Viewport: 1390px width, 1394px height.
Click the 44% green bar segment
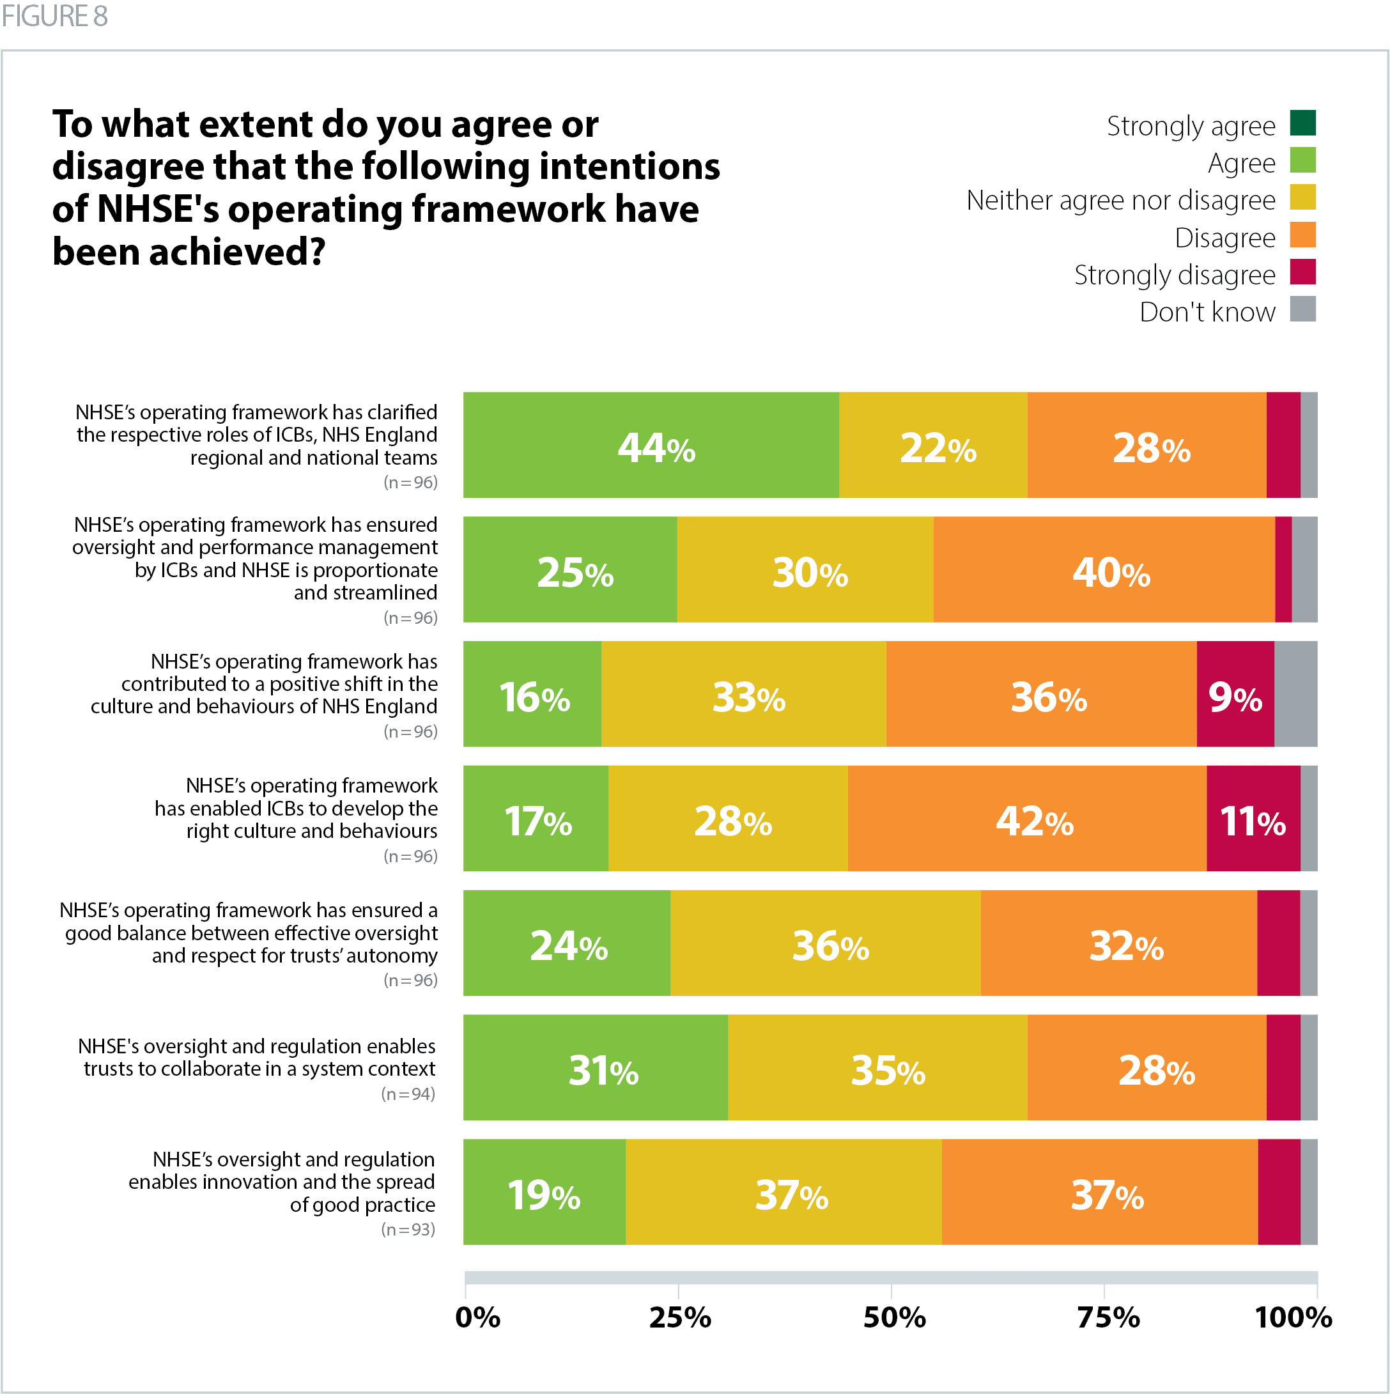coord(651,445)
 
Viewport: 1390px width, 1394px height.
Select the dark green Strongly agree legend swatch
coord(1302,123)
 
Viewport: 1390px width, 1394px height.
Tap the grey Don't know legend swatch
coord(1302,309)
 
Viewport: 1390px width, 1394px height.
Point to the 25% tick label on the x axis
coord(679,1317)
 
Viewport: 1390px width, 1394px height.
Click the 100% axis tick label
coord(1293,1317)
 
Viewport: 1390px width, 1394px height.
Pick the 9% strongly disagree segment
coord(1235,694)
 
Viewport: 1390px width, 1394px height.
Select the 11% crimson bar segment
coord(1253,818)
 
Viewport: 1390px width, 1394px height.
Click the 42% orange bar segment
coord(1027,818)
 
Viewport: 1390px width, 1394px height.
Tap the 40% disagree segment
coord(1104,570)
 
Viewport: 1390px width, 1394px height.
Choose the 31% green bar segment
coord(596,1068)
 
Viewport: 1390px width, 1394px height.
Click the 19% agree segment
coord(544,1192)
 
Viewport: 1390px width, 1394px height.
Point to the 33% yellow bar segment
coord(744,694)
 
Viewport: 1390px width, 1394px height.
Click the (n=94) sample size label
coord(408,1094)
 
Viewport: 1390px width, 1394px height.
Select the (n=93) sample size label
coord(408,1230)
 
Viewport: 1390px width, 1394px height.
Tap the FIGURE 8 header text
coord(55,16)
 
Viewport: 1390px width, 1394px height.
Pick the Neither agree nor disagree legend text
coord(1120,200)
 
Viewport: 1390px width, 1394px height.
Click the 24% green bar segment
coord(567,943)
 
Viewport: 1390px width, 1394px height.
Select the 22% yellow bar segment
coord(934,445)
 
